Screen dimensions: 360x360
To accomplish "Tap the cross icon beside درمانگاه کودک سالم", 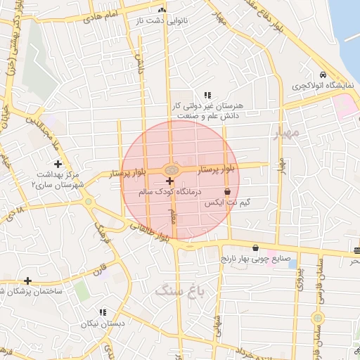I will pos(169,181).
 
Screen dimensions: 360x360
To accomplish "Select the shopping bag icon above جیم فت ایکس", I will pos(227,191).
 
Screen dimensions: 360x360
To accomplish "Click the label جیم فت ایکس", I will pos(227,202).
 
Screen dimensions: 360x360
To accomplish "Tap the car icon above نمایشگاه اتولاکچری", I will pos(323,75).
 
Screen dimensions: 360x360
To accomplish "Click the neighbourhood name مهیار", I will pos(288,132).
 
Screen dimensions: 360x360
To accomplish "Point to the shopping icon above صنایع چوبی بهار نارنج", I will pos(254,247).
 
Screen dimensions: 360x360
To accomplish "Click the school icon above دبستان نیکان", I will pos(103,312).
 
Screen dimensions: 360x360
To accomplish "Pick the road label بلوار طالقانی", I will pos(149,232).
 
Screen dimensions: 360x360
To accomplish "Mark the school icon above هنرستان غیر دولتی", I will pos(207,95).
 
